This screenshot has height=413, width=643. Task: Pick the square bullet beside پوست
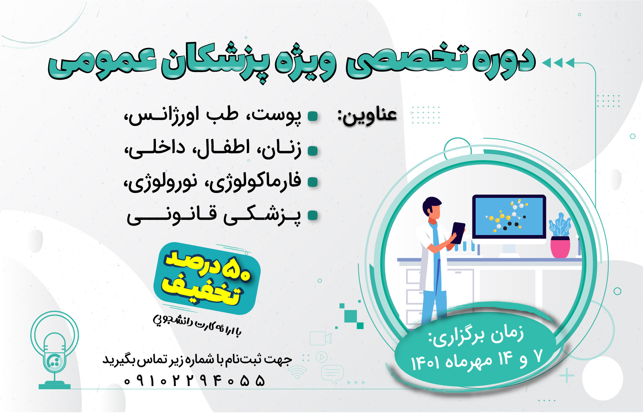[313, 117]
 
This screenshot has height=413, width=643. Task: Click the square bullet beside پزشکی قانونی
[313, 215]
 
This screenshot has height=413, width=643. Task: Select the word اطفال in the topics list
[221, 148]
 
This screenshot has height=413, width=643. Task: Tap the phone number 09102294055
[194, 381]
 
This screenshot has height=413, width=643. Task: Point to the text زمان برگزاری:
[476, 337]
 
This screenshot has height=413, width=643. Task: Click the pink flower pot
[560, 247]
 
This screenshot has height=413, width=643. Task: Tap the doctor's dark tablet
[458, 233]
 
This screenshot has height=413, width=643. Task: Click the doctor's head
[432, 208]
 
